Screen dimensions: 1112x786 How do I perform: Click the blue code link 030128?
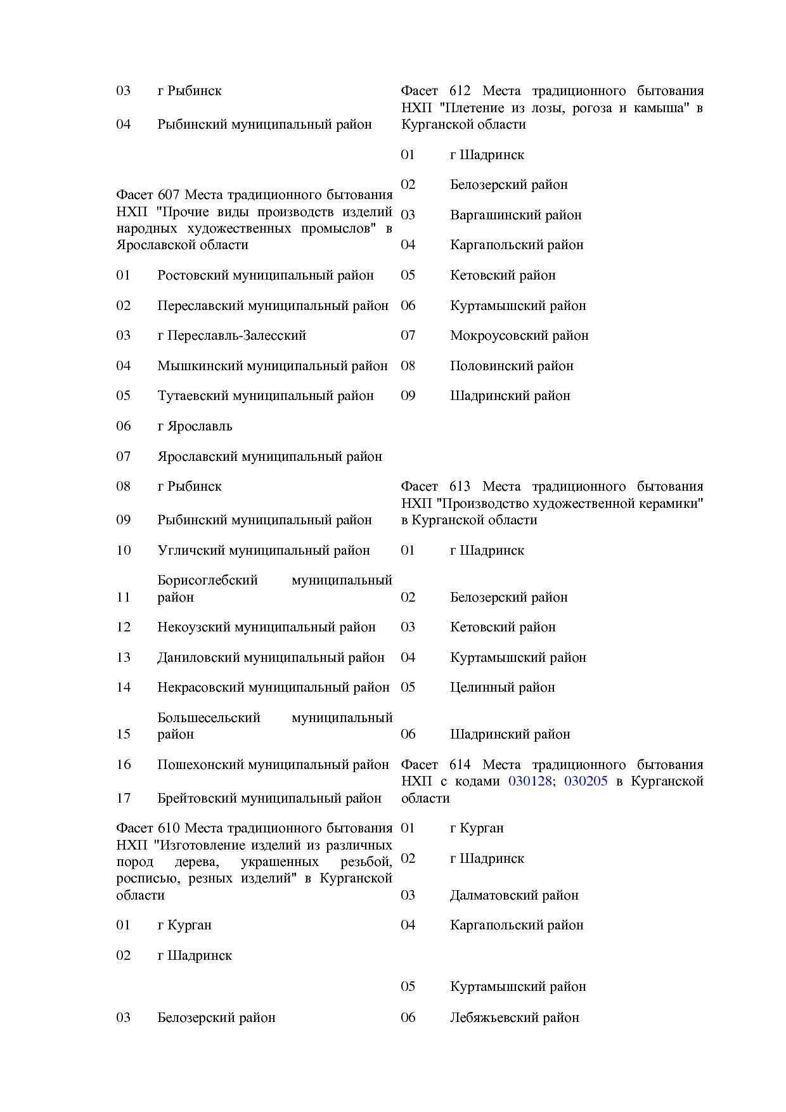(529, 781)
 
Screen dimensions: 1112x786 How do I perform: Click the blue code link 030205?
(586, 781)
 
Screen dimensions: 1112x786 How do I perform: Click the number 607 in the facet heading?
(169, 195)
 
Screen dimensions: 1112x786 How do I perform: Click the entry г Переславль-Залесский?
(231, 335)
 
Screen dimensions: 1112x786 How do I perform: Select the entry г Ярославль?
(195, 426)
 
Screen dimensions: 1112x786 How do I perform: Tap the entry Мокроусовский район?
(519, 335)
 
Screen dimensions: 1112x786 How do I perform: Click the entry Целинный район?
(502, 687)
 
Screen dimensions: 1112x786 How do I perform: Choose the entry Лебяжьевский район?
(514, 1018)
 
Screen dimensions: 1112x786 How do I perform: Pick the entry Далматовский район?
(514, 895)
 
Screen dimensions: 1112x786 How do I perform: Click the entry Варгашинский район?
(515, 215)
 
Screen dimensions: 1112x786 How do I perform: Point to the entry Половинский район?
(512, 366)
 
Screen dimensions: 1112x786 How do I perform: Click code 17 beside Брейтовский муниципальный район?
(123, 798)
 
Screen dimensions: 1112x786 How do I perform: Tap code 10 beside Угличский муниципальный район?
(123, 550)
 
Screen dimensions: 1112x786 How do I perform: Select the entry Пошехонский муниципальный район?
(273, 765)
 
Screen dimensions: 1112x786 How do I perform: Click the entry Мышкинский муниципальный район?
(272, 366)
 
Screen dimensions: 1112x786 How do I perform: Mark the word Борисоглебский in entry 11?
(207, 580)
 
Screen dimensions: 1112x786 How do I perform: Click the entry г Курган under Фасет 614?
(477, 828)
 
